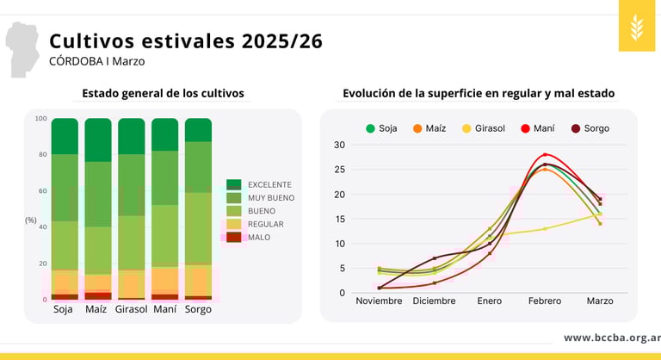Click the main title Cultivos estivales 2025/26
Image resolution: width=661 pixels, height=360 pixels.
pyautogui.click(x=185, y=41)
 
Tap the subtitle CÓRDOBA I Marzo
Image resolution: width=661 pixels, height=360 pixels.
pyautogui.click(x=96, y=62)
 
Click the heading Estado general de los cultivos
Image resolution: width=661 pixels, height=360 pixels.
pyautogui.click(x=163, y=93)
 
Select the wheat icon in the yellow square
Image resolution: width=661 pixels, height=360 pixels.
pyautogui.click(x=636, y=26)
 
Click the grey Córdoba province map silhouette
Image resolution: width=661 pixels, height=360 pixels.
pyautogui.click(x=23, y=47)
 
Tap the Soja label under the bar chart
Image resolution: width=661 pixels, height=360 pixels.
pyautogui.click(x=63, y=309)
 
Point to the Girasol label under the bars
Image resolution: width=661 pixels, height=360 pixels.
pyautogui.click(x=132, y=309)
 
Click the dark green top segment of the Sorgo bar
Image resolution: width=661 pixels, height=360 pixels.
pyautogui.click(x=198, y=129)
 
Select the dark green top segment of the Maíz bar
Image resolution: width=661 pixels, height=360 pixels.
pyautogui.click(x=98, y=140)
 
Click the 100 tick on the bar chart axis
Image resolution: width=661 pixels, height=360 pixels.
pyautogui.click(x=40, y=119)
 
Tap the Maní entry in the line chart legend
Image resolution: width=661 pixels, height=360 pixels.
pyautogui.click(x=538, y=128)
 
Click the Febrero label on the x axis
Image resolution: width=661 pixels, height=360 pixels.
pyautogui.click(x=545, y=301)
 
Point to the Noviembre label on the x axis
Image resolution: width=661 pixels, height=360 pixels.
pyautogui.click(x=379, y=301)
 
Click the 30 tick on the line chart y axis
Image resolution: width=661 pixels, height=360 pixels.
pyautogui.click(x=339, y=145)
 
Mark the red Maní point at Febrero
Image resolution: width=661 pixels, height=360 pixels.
pyautogui.click(x=545, y=155)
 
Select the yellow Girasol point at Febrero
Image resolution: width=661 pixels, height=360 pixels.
pyautogui.click(x=545, y=228)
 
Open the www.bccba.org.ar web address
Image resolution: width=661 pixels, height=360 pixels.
pyautogui.click(x=612, y=338)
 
